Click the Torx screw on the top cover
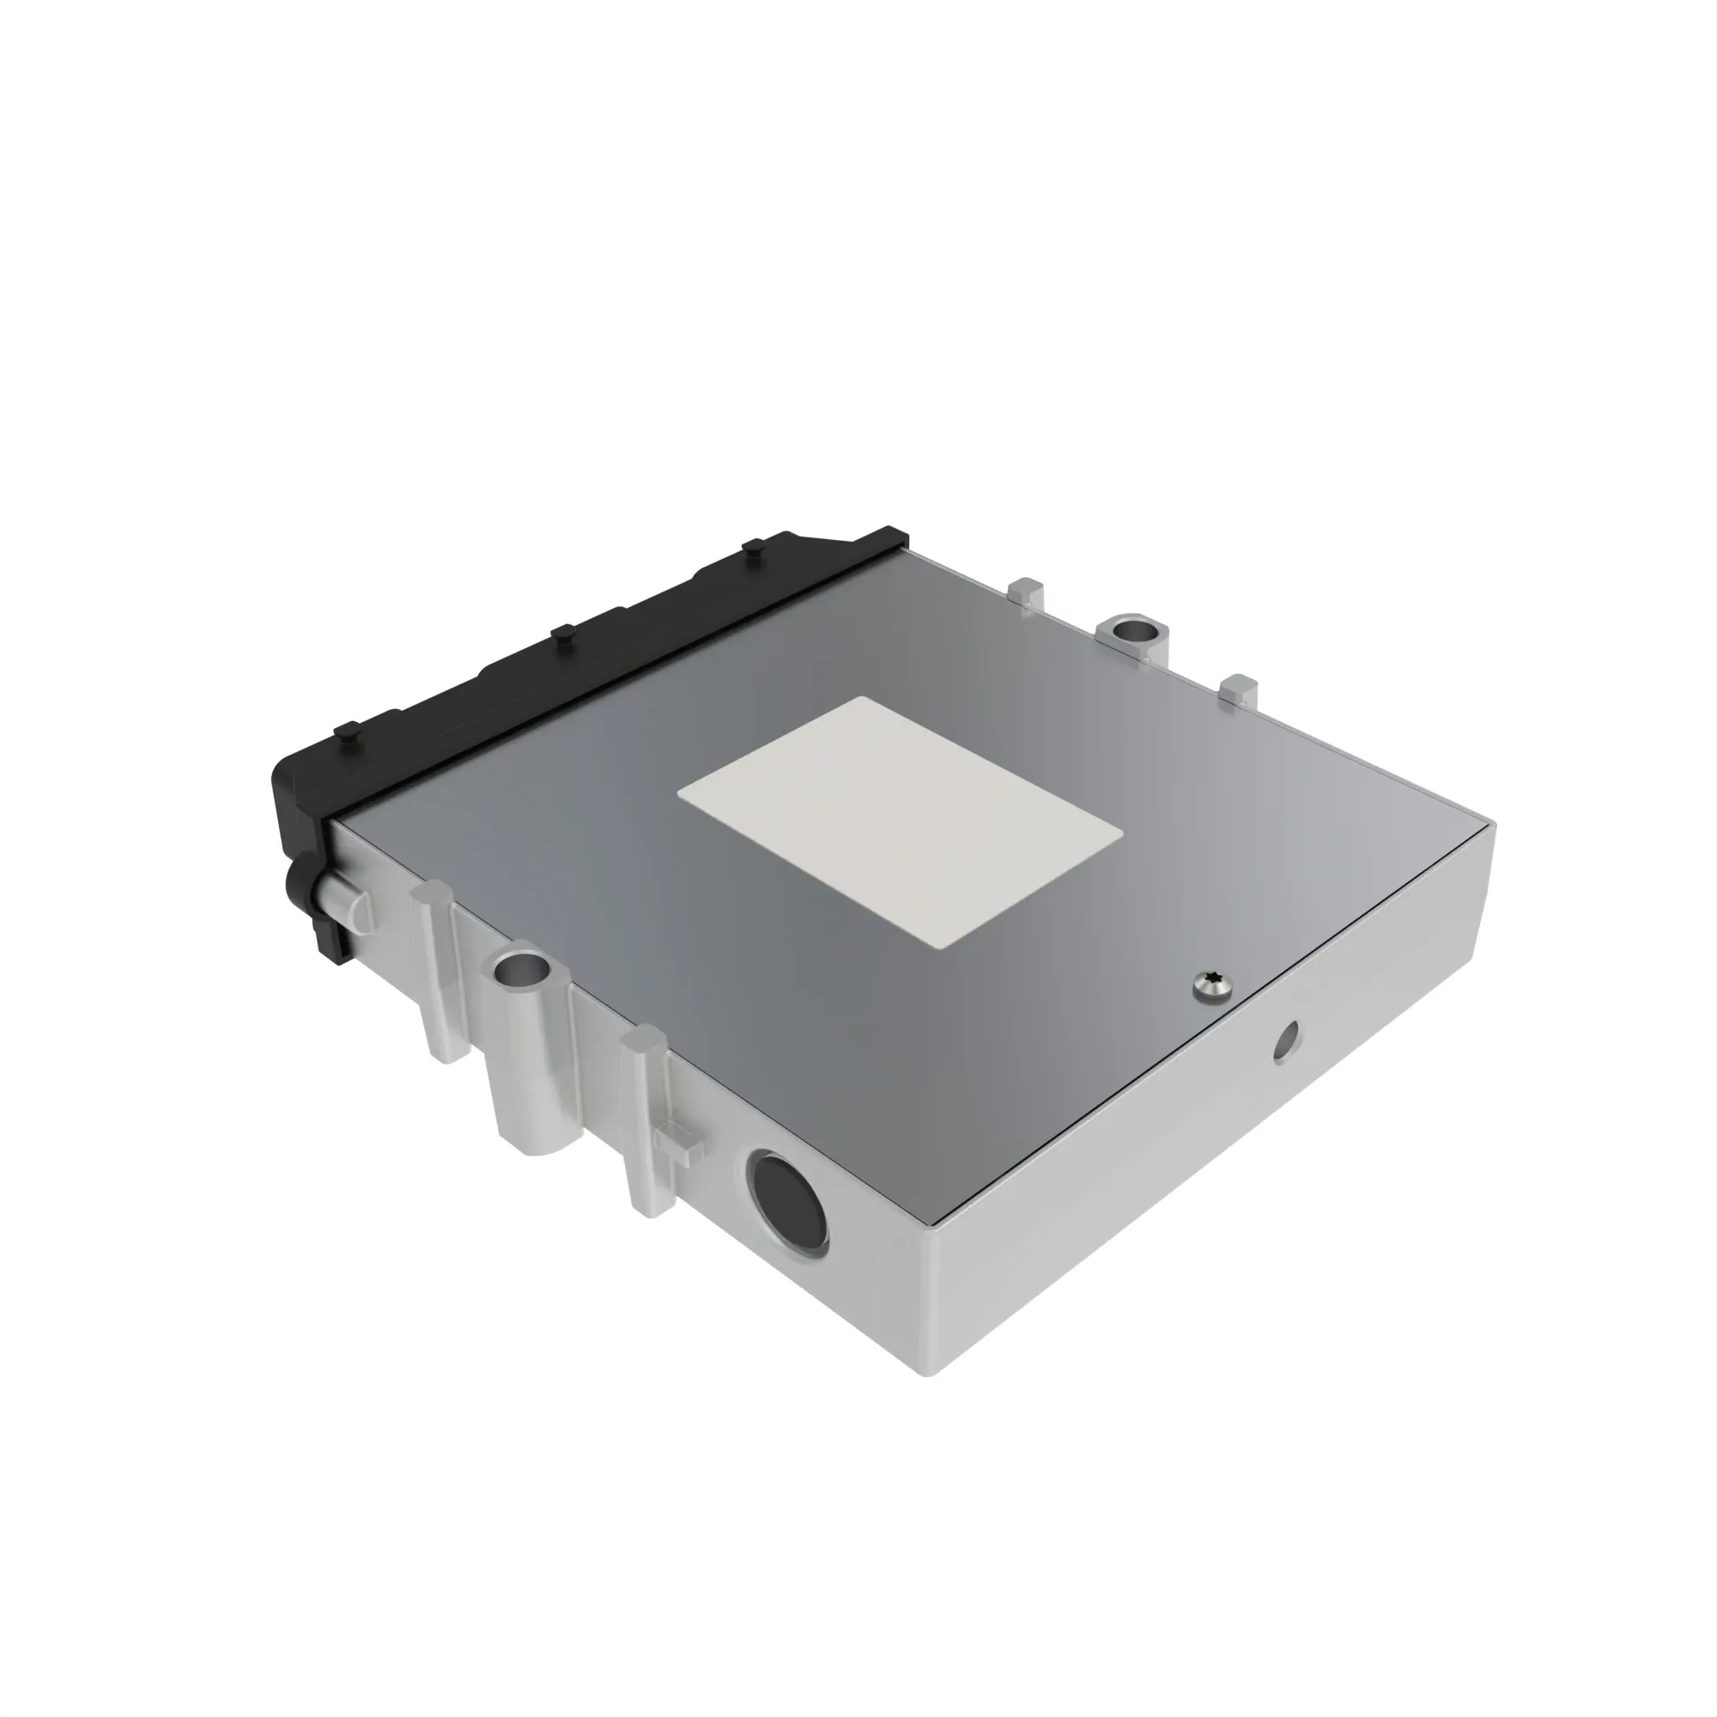coord(1213,985)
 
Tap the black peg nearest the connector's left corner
coord(347,732)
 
